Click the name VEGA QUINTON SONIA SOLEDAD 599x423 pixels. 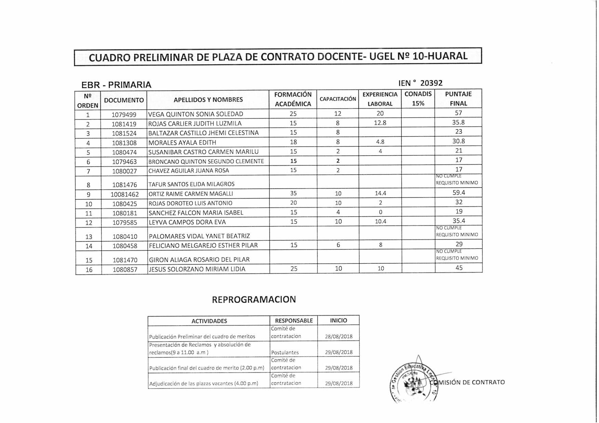click(x=195, y=114)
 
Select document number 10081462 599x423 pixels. click(x=125, y=194)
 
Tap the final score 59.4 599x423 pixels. click(x=459, y=193)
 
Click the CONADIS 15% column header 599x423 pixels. click(x=418, y=99)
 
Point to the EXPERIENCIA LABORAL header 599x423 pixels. click(x=380, y=99)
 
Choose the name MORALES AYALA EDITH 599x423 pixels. click(x=182, y=143)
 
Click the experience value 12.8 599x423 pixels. click(x=380, y=123)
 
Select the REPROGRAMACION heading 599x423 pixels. click(x=254, y=300)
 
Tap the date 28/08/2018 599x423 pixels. click(x=338, y=336)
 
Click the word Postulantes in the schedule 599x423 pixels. click(x=285, y=352)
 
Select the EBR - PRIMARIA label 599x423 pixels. click(x=116, y=85)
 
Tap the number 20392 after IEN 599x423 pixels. click(x=431, y=83)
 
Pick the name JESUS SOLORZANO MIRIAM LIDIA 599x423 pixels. click(x=197, y=269)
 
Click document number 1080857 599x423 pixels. click(x=125, y=270)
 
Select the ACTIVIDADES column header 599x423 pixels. click(x=209, y=321)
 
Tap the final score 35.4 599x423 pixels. click(x=459, y=221)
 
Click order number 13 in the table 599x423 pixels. click(x=89, y=237)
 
